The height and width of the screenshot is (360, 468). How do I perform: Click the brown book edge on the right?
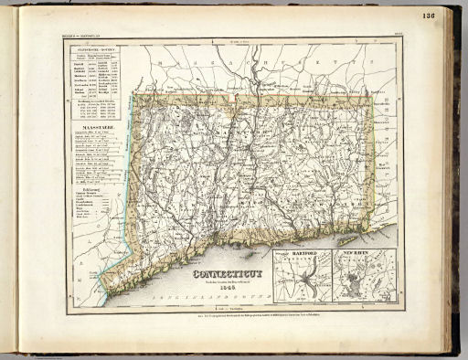454,183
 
